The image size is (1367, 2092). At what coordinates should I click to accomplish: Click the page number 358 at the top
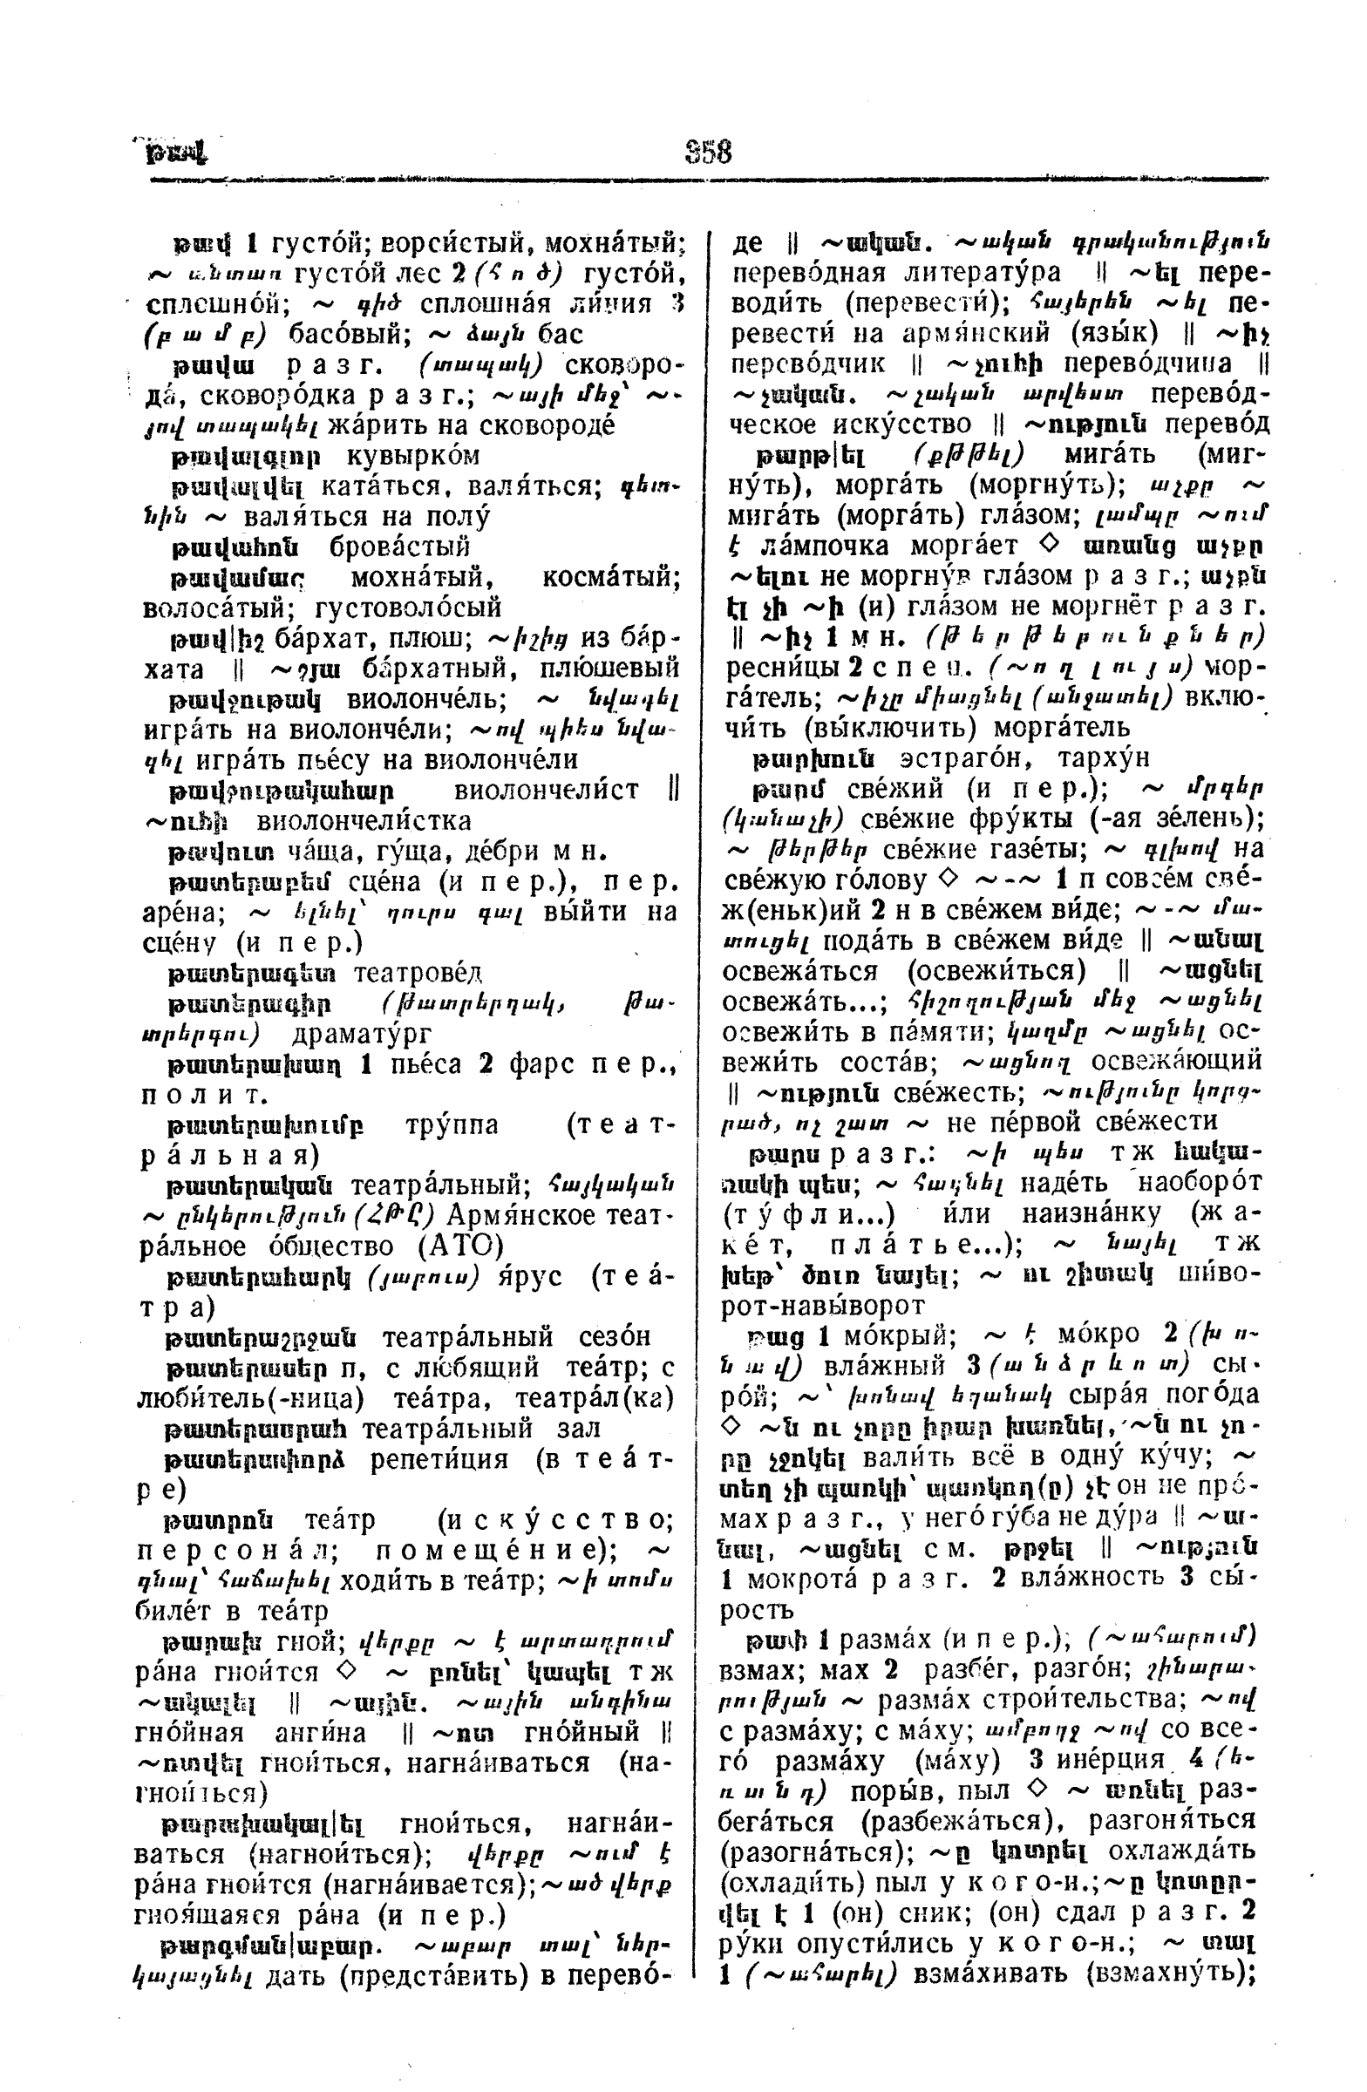click(x=708, y=152)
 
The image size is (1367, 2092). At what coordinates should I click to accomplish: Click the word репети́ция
click(x=439, y=1458)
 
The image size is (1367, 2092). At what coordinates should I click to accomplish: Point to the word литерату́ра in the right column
click(x=962, y=273)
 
